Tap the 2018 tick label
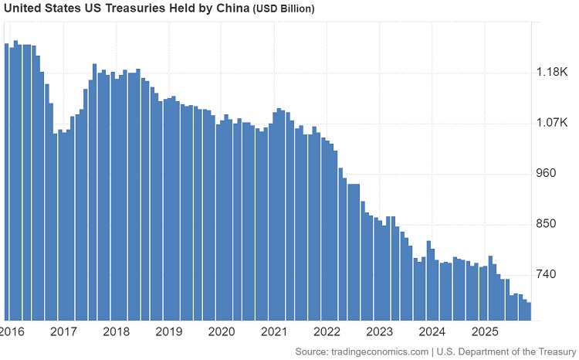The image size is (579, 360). pos(116,331)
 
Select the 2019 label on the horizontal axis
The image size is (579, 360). pos(168,331)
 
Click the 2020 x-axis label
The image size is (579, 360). pos(222,331)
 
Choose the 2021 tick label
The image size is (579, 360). pos(274,331)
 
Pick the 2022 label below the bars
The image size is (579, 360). pos(327,331)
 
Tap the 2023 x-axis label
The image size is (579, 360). pos(379,331)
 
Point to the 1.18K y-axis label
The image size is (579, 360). pos(552,72)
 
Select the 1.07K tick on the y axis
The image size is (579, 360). pos(552,123)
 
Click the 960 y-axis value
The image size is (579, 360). pos(547,173)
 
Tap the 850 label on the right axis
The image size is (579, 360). pos(547,224)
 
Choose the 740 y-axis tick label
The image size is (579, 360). pos(547,274)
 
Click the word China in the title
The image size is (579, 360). pos(231,8)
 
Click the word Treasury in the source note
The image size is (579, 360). pos(552,352)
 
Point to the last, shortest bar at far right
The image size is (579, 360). pos(528,311)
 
